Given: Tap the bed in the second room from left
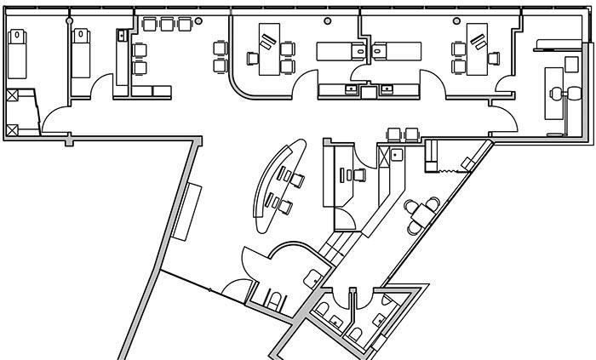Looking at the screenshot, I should point(83,52).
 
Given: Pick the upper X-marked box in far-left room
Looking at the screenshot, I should point(12,96).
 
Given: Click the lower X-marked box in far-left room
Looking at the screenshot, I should point(12,129).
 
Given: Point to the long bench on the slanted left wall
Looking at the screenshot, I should point(184,211).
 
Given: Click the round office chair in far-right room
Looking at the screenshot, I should point(557,96).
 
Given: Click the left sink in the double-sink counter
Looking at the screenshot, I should point(350,88).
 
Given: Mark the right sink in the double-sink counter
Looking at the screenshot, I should point(387,88).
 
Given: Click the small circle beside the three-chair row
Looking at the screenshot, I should point(198,20).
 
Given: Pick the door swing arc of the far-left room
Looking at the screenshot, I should point(56,122).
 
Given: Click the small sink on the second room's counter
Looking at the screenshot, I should point(122,36).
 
